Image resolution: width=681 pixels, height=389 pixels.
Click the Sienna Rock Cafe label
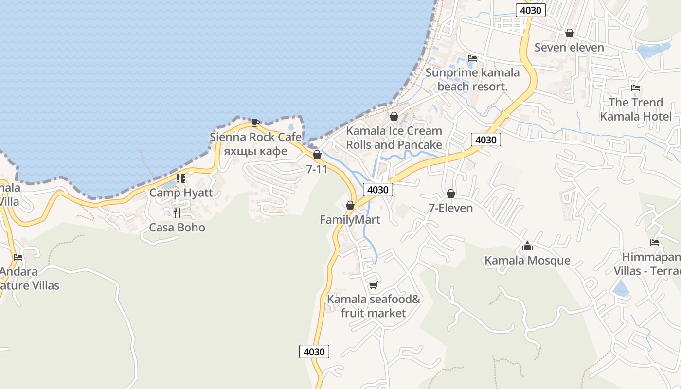255,137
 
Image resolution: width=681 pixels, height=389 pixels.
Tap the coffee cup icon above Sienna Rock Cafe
255,122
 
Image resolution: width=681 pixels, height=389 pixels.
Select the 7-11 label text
317,169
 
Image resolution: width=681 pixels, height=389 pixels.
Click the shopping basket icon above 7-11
317,155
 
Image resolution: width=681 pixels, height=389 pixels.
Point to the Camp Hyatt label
181,193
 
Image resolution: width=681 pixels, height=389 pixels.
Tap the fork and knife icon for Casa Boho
177,212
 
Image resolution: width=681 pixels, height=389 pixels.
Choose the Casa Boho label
177,228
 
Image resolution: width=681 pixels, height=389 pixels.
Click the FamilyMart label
350,220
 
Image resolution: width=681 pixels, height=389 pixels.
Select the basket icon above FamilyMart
350,205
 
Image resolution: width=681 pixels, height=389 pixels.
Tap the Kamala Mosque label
527,261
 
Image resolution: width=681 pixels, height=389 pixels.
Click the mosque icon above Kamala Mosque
527,246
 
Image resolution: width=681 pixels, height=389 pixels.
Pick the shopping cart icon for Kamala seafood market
373,285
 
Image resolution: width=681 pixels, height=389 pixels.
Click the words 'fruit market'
373,313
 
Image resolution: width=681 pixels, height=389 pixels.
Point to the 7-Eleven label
450,208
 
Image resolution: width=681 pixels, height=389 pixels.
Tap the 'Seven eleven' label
569,48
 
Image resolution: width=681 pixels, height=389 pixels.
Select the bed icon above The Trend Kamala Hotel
635,88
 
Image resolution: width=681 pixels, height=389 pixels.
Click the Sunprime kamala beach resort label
472,80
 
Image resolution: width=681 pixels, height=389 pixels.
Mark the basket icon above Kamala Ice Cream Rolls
394,116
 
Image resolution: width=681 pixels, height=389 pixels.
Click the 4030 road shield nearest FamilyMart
377,190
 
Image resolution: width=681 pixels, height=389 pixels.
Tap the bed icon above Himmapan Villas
655,243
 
